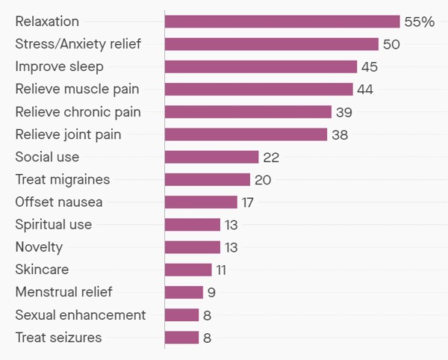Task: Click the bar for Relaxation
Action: (282, 22)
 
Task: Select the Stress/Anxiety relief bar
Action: (272, 44)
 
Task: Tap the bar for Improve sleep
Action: (261, 66)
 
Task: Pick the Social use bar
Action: (211, 157)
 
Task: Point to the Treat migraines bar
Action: (208, 179)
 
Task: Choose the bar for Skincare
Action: (188, 270)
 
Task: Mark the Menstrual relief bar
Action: (184, 292)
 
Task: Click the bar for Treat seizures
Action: (181, 337)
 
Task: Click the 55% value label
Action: (419, 22)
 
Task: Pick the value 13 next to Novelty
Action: (232, 247)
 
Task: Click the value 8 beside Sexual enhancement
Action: (207, 314)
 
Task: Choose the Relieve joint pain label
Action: (68, 134)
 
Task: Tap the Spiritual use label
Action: (54, 224)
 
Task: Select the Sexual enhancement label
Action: (81, 314)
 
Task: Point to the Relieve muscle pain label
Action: (77, 90)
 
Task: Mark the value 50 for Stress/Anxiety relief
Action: (391, 44)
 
